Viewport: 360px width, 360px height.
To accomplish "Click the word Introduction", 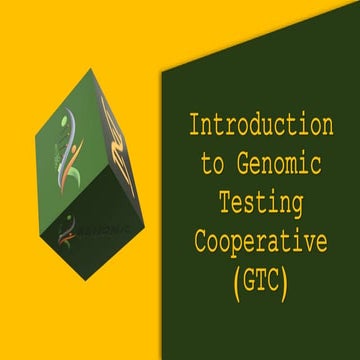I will click(262, 126).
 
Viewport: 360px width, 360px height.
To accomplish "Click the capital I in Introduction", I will click(197, 126).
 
